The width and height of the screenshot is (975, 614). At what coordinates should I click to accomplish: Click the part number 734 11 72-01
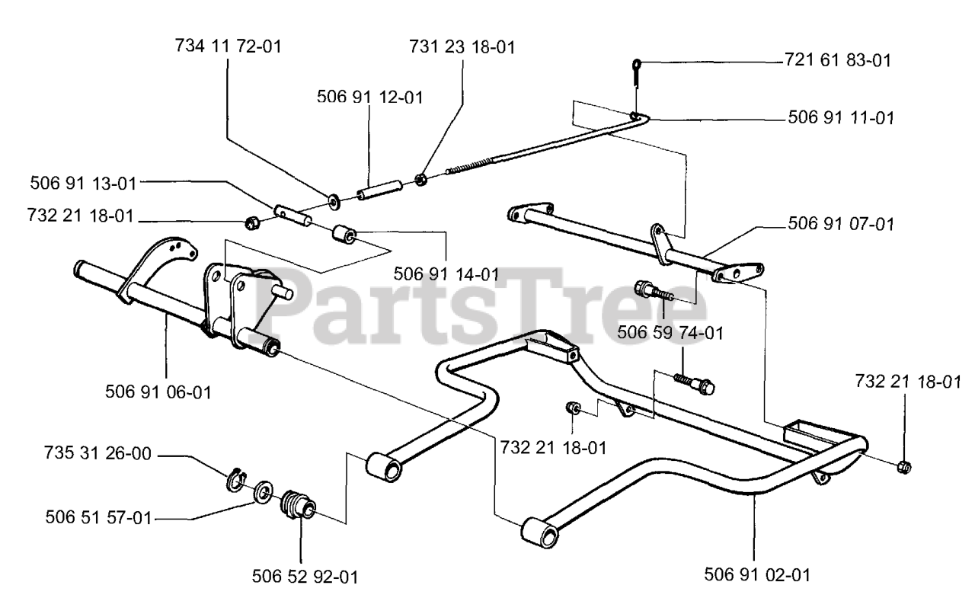tap(229, 46)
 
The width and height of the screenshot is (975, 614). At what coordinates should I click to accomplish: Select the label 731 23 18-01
tap(462, 47)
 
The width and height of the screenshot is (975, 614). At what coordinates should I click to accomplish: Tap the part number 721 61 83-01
tap(837, 60)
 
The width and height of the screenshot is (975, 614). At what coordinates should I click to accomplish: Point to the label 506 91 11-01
tap(841, 118)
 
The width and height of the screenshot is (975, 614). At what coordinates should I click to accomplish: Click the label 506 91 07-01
tap(841, 224)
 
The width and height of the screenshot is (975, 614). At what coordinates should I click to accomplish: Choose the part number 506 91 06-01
tap(158, 392)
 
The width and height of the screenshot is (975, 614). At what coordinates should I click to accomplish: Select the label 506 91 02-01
tap(757, 575)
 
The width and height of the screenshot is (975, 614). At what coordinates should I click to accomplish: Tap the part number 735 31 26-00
tap(97, 453)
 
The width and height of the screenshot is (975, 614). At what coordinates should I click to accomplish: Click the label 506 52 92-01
tap(305, 577)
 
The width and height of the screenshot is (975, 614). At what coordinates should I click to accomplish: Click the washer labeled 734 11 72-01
tap(334, 202)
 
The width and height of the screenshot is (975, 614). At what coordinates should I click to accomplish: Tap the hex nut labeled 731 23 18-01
tap(420, 179)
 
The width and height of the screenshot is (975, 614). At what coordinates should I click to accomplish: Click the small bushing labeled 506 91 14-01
tap(344, 235)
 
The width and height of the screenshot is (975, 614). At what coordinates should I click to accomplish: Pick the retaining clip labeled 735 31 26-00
tap(236, 478)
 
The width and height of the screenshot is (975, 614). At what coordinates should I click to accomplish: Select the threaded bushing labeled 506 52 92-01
tap(298, 505)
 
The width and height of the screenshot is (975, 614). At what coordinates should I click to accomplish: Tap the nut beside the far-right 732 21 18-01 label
tap(904, 467)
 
